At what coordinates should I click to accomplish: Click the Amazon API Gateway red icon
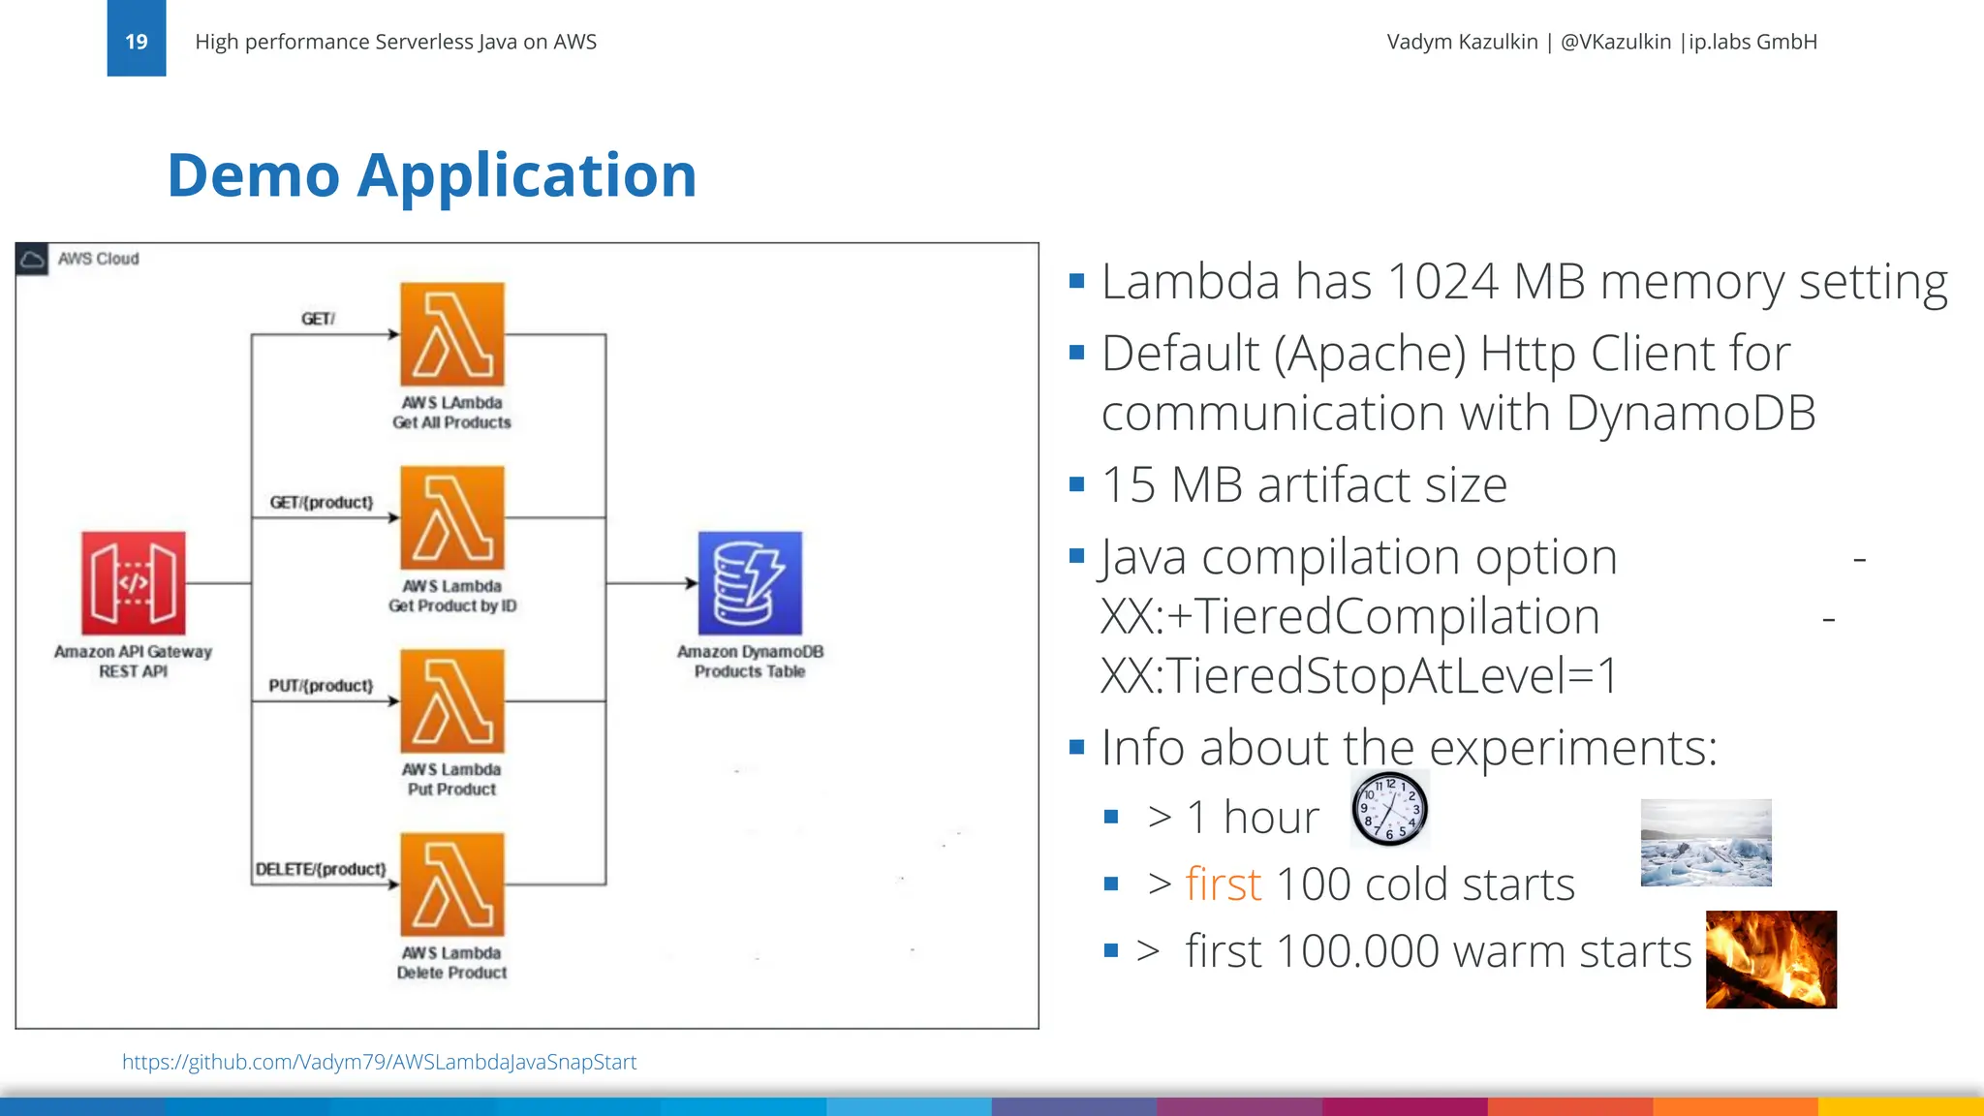coord(134,582)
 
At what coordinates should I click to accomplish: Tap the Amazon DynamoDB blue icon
coord(750,582)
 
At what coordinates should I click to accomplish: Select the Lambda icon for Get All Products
coord(452,334)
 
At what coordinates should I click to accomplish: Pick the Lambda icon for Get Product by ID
coord(452,517)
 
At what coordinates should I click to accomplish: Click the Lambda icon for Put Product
coord(452,700)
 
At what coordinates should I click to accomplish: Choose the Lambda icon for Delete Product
coord(452,883)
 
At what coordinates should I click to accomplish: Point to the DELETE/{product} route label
coord(321,869)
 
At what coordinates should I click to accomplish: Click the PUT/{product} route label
coord(321,686)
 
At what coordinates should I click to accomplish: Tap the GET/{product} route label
coord(321,503)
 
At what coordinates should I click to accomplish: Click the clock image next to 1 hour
coord(1389,809)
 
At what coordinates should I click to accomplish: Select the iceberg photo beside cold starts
coord(1706,843)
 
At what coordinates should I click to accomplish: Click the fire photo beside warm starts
coord(1771,959)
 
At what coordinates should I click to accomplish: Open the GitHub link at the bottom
coord(379,1062)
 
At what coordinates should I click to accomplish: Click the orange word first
coord(1223,884)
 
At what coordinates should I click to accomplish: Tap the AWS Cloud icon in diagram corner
coord(32,259)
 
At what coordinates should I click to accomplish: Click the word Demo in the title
coord(254,175)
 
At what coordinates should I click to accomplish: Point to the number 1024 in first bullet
coord(1442,282)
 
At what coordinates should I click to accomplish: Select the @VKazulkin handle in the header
coord(1615,42)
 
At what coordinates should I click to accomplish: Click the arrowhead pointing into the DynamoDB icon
coord(692,583)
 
